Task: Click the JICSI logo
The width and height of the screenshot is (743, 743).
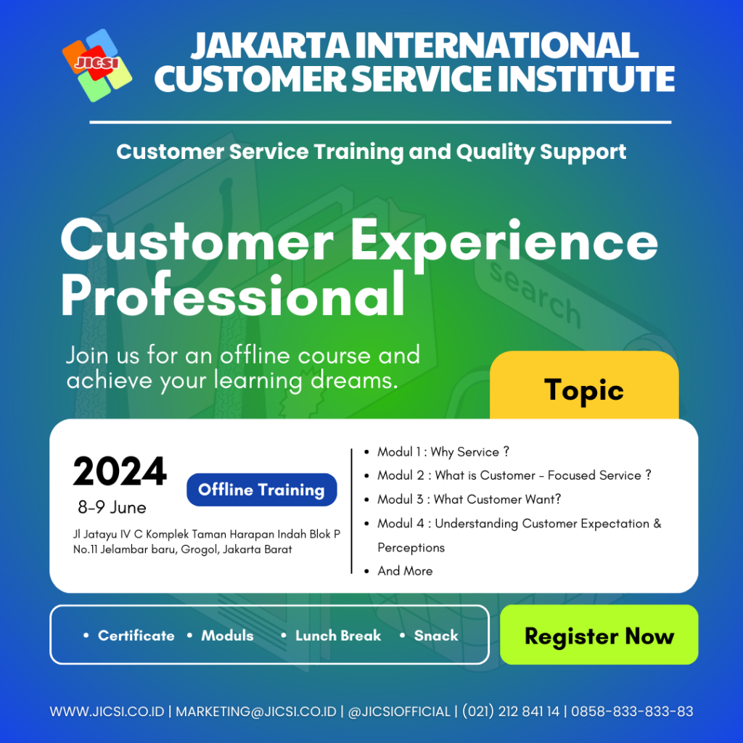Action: point(97,65)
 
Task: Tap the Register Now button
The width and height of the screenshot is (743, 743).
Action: point(599,634)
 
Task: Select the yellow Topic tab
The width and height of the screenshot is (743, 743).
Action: point(584,386)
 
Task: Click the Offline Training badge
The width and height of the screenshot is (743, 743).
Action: point(261,490)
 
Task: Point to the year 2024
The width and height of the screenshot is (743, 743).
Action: point(120,472)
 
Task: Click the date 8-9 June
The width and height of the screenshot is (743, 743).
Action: point(112,507)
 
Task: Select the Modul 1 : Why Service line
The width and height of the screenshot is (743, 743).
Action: point(443,452)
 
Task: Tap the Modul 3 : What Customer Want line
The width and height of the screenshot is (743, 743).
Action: point(469,499)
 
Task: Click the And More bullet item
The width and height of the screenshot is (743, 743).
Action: point(405,571)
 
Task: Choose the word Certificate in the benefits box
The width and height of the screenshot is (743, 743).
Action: point(136,636)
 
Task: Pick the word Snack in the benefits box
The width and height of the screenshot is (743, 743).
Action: point(436,636)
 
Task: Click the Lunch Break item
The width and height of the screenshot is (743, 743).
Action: point(338,636)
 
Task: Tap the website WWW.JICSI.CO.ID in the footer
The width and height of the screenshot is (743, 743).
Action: point(107,711)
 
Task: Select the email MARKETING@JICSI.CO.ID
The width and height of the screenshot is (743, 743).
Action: point(256,711)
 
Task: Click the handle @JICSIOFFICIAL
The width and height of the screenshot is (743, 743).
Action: point(399,711)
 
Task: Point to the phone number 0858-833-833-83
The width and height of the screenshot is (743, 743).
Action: point(632,711)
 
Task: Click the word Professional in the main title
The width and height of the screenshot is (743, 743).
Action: point(233,296)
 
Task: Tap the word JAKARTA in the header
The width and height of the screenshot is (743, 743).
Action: point(271,46)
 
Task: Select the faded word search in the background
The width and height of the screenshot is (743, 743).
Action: point(535,295)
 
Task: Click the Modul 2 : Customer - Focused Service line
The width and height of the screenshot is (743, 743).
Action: point(514,475)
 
